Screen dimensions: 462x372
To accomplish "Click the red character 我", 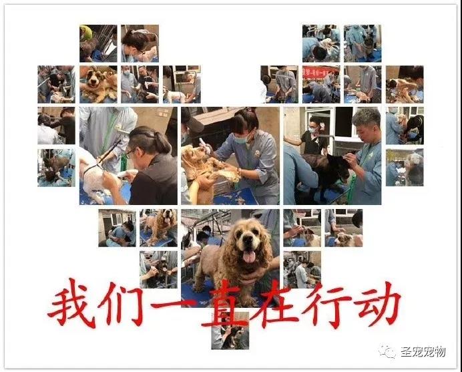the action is tap(72, 304).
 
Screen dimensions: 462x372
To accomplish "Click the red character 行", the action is tap(326, 304).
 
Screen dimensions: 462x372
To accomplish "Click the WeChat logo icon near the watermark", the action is tap(387, 351).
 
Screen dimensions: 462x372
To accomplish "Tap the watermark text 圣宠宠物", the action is tap(423, 352).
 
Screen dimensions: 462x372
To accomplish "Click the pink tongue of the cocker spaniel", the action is tap(249, 256).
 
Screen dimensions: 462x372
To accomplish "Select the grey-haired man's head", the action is tap(366, 123).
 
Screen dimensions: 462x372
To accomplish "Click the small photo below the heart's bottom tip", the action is tap(230, 331).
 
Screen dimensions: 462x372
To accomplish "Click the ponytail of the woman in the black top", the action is tap(163, 142).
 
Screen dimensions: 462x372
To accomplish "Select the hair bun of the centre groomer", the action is tap(250, 110).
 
